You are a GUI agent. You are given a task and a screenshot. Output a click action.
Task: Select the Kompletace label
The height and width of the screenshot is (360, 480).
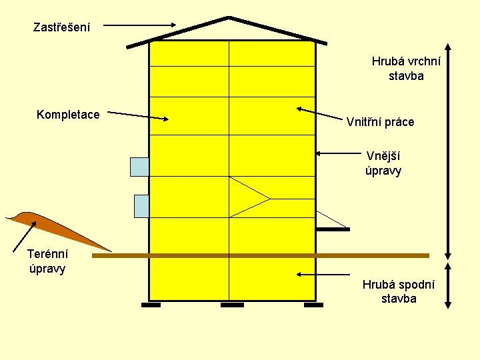pos(68,115)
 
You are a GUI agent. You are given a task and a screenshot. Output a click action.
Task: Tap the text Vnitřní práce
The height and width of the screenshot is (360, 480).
pos(380,122)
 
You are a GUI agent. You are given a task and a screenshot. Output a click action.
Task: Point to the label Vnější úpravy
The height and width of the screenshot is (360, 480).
pos(383,163)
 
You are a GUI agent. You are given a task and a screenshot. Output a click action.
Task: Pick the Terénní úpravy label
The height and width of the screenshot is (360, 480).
pos(47,261)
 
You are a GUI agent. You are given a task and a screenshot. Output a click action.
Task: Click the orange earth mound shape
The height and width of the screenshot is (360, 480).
pos(47,223)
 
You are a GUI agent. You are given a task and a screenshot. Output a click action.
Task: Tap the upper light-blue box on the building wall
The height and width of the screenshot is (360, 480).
pos(139,166)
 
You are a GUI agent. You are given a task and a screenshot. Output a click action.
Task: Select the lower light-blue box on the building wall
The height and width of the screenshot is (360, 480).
pos(141,206)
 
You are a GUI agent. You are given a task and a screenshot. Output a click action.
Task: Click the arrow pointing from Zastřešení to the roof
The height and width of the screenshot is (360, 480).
pos(140,26)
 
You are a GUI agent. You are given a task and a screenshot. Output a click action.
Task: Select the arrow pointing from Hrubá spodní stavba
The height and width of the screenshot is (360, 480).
pos(323,275)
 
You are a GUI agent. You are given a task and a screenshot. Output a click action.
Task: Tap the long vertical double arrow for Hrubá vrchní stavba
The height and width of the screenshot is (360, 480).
pos(447,151)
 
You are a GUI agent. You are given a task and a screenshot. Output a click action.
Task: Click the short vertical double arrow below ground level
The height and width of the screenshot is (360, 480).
pos(447,285)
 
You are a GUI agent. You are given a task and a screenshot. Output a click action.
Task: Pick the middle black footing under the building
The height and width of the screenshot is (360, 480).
pos(232,305)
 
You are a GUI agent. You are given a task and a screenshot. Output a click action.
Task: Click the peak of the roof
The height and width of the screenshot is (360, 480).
pos(229,18)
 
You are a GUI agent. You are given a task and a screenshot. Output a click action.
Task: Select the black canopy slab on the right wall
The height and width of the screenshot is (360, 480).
pos(333,229)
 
